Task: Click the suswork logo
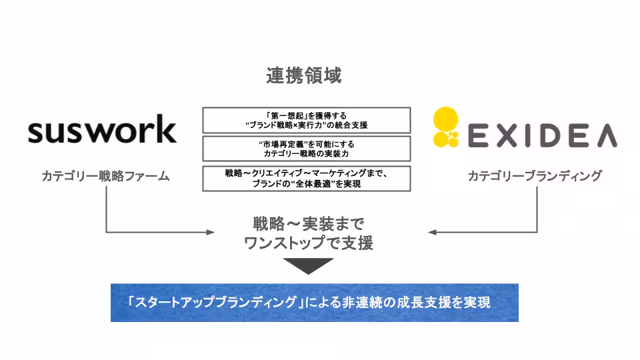[102, 131]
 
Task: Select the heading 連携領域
[304, 77]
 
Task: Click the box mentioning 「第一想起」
[306, 120]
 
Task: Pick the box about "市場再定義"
[306, 149]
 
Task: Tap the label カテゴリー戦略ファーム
[105, 177]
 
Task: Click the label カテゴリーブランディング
[535, 176]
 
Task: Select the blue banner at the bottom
[314, 303]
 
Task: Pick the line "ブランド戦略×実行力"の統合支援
[306, 125]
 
